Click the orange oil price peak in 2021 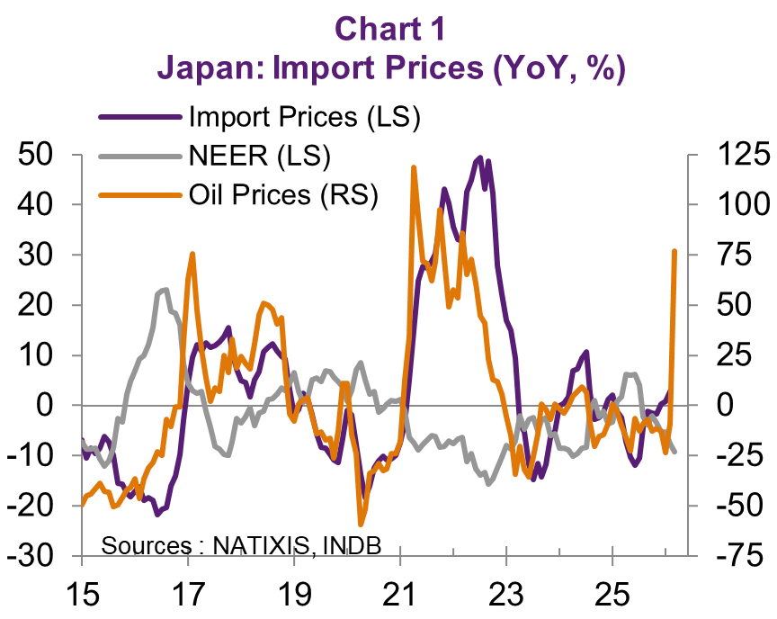[413, 167]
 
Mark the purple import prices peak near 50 [479, 158]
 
